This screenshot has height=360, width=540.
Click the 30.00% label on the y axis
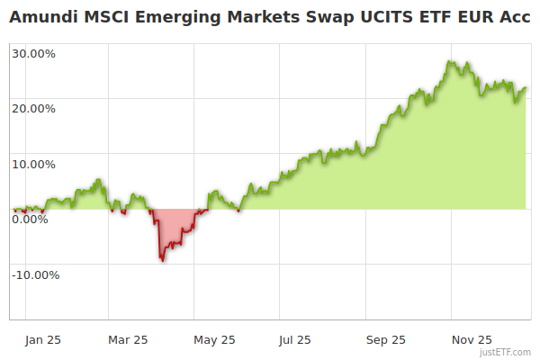click(33, 53)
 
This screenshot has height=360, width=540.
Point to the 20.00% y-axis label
click(33, 109)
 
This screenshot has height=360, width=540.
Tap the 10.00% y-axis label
click(33, 165)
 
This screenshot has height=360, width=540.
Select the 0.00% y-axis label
click(30, 219)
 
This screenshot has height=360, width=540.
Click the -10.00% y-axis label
click(35, 274)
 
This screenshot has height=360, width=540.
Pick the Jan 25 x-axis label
click(43, 339)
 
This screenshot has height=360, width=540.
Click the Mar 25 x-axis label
click(128, 339)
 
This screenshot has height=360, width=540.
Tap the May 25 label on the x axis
click(214, 339)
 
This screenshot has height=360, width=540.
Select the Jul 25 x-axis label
click(295, 339)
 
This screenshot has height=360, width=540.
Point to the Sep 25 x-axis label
click(385, 339)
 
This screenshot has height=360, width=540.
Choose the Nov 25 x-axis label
click(472, 339)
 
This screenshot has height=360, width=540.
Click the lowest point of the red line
click(162, 260)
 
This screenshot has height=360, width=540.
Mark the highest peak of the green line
click(449, 61)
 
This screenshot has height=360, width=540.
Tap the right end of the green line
click(526, 87)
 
